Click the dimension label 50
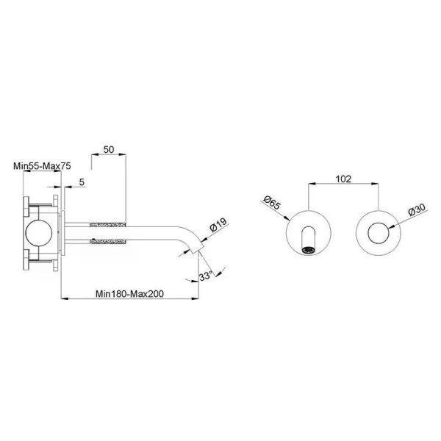coord(109,150)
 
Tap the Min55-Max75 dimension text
coord(42,166)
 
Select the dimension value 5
coord(82,182)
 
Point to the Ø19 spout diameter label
coord(218,224)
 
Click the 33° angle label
coord(206,276)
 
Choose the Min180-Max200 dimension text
coord(129,294)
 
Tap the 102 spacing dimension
coord(343,179)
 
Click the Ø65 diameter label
coord(272,203)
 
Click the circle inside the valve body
coord(39,233)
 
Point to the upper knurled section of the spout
coord(108,224)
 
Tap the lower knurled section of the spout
coord(108,241)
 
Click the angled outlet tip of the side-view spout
coord(197,248)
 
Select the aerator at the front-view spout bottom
coord(308,250)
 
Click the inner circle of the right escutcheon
coord(379,233)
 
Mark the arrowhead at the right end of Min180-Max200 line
coord(196,298)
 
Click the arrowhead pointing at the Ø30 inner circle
coord(392,226)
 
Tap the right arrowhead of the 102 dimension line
coord(375,184)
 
